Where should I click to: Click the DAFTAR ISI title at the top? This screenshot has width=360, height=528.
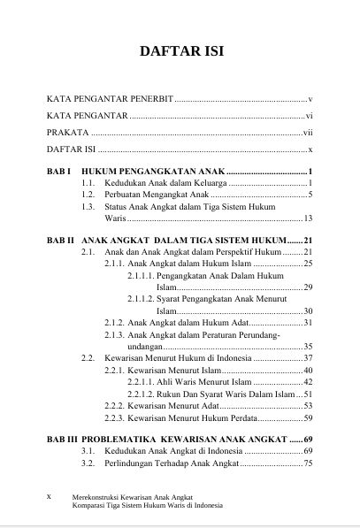pos(180,52)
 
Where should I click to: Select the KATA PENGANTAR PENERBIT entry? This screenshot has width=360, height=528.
pos(110,100)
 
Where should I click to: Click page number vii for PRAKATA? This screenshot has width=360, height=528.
pos(309,133)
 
